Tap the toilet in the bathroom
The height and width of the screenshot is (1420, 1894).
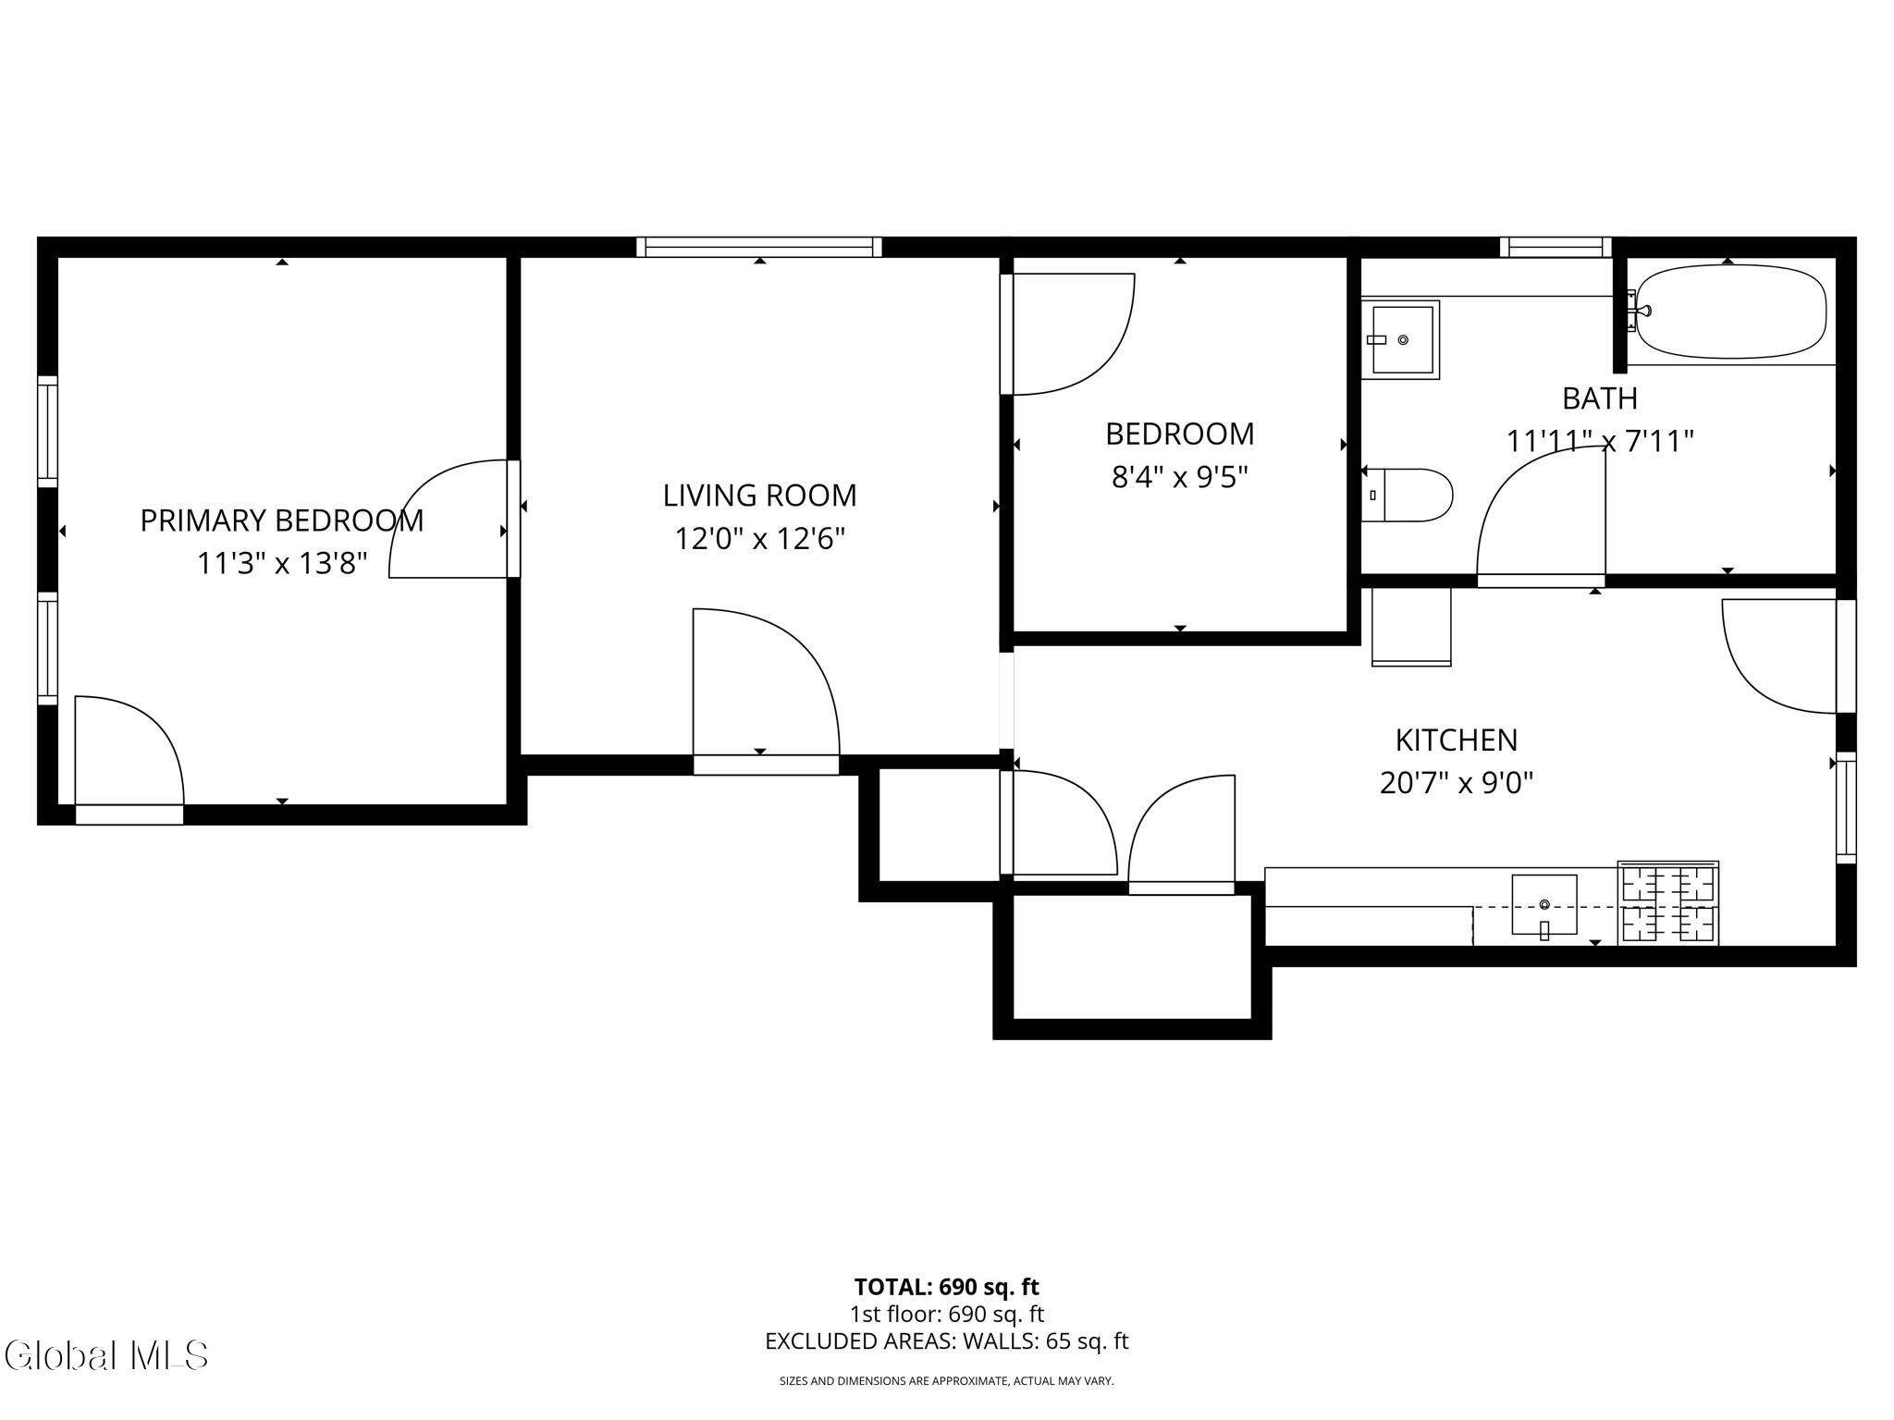[1406, 495]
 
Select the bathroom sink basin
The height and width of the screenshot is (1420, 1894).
[1400, 339]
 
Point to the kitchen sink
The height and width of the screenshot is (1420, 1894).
[1544, 905]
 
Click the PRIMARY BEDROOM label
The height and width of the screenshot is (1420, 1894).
[282, 520]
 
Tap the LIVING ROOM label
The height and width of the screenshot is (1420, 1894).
[759, 496]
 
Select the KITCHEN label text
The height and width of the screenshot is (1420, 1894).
[1457, 740]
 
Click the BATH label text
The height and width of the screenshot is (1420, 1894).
[1600, 398]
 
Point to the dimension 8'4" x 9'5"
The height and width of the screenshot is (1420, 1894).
[1180, 477]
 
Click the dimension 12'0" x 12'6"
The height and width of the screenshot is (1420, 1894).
[759, 538]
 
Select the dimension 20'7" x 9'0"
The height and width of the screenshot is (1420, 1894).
[1457, 783]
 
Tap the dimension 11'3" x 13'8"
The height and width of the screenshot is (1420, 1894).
[282, 563]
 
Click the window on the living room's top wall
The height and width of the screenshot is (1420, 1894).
[759, 247]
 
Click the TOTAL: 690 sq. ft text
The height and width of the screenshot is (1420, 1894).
[947, 1287]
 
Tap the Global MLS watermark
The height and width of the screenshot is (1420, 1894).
[105, 1355]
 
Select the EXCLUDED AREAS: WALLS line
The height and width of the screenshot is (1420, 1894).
[947, 1341]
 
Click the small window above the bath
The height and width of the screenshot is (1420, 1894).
[1556, 247]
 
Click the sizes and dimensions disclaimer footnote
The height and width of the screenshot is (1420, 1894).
[947, 1381]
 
